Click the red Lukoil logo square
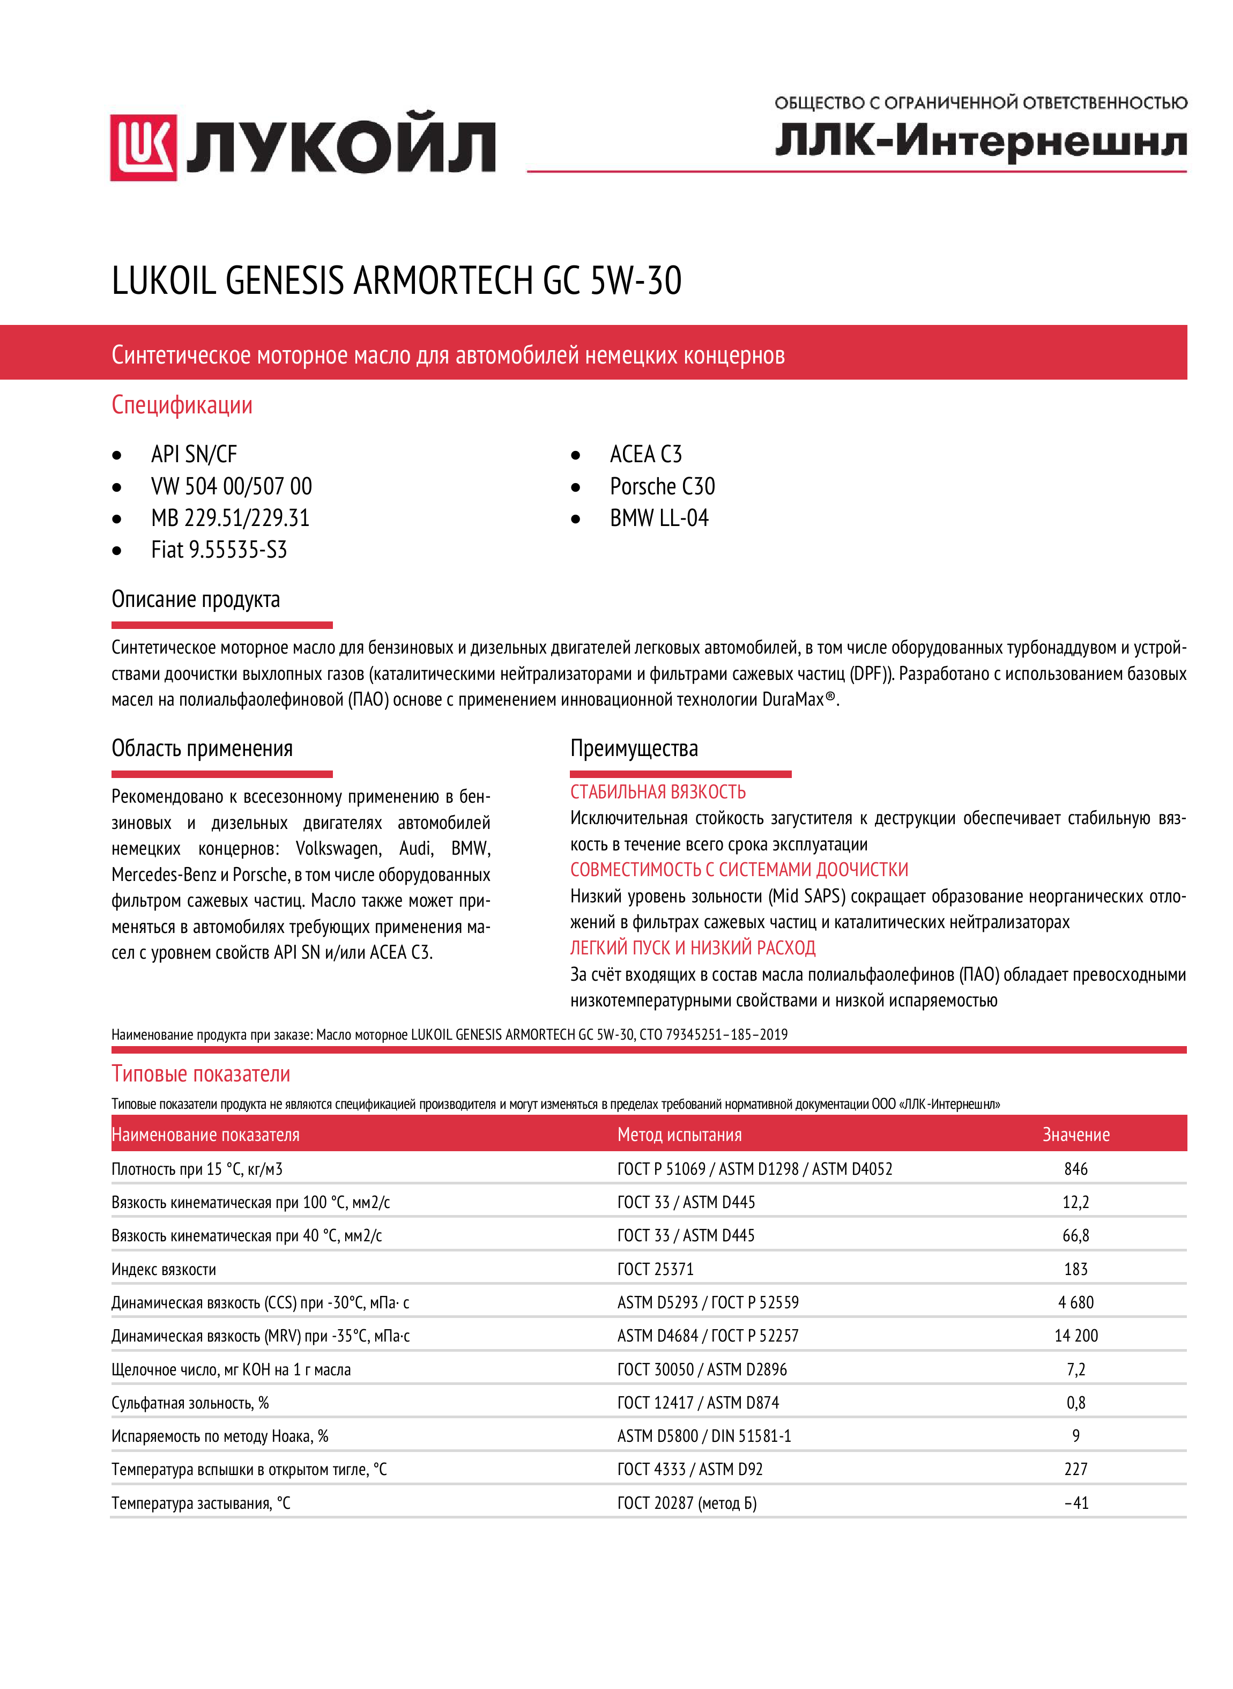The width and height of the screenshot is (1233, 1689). [x=143, y=148]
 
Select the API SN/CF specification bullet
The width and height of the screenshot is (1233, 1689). [x=194, y=455]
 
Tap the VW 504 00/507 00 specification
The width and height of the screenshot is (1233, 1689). [x=232, y=487]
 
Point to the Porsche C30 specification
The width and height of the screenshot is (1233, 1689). [x=662, y=487]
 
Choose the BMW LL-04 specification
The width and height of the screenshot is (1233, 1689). [x=659, y=518]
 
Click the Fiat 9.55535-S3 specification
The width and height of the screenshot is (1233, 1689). [x=219, y=550]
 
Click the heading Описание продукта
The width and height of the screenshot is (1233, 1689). [x=196, y=599]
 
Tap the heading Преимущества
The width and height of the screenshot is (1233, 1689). [x=634, y=749]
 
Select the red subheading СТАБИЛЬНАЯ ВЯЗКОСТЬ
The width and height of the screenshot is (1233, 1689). [x=658, y=792]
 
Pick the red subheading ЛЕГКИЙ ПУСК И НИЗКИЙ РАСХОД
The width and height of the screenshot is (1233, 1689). [x=693, y=948]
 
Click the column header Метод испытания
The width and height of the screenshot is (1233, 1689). [x=679, y=1135]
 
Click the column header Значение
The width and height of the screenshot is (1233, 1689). [x=1075, y=1135]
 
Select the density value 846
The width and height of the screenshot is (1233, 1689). [x=1075, y=1169]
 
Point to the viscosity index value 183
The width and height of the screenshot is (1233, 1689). [x=1075, y=1270]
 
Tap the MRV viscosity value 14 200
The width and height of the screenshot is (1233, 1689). [x=1075, y=1336]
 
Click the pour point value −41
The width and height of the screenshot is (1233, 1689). [x=1075, y=1503]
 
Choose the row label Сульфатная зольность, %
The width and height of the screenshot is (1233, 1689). [x=190, y=1403]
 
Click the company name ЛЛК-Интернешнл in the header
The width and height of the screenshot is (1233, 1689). [x=980, y=141]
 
